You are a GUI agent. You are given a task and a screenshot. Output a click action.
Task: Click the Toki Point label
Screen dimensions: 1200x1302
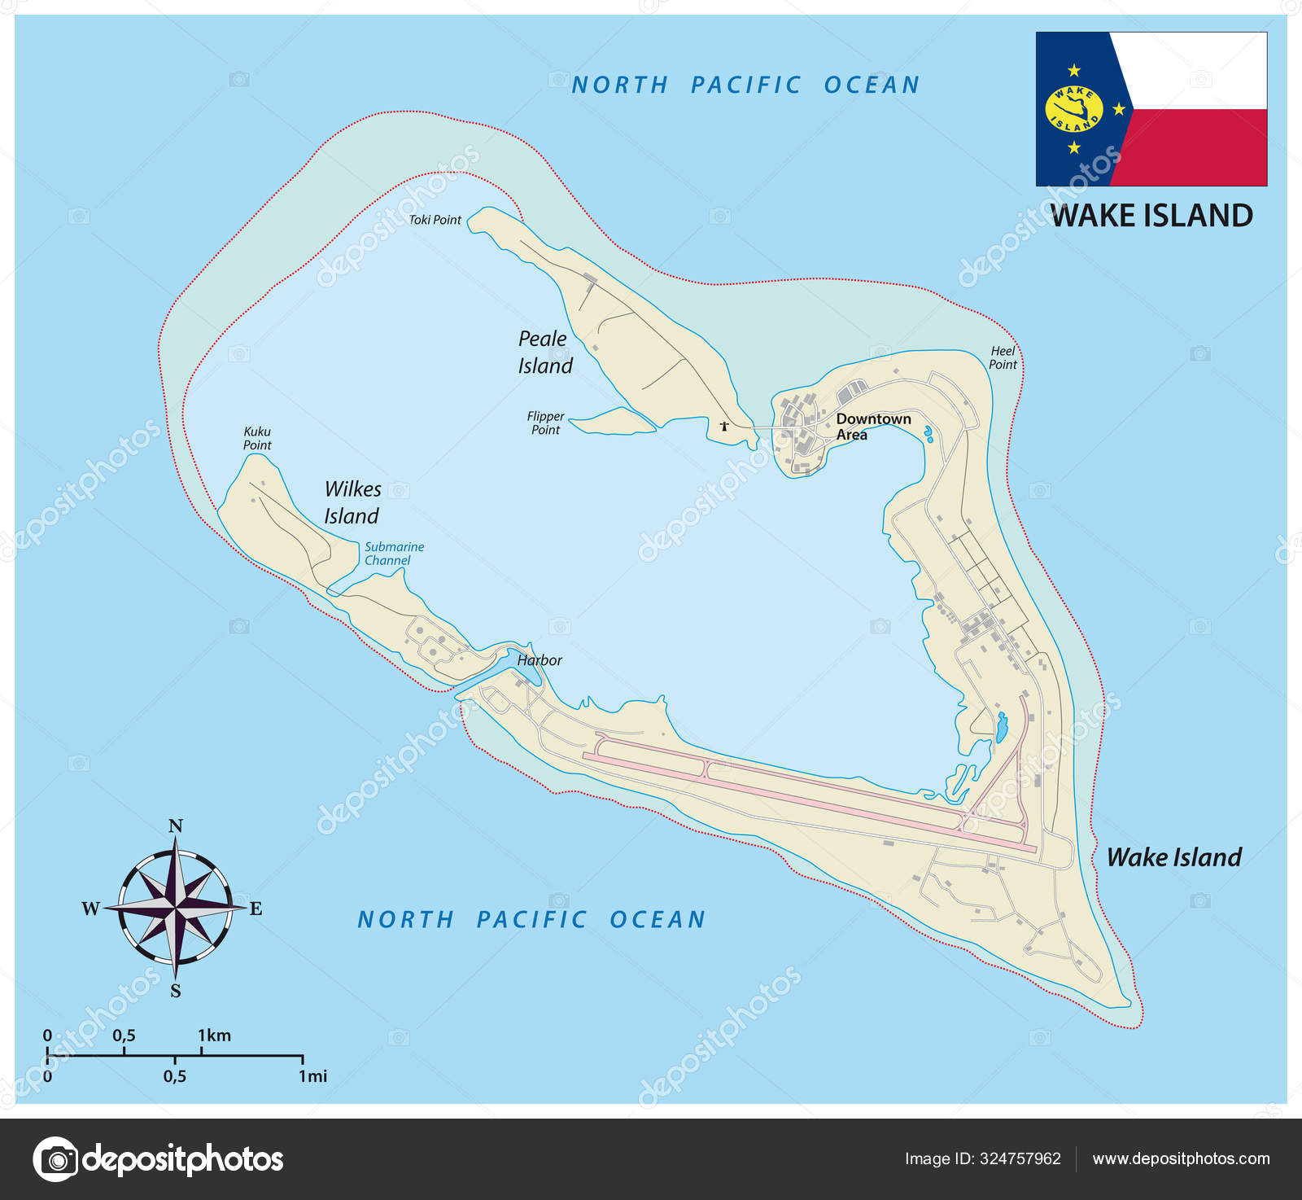point(435,220)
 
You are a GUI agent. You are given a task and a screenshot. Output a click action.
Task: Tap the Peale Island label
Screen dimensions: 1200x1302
point(544,352)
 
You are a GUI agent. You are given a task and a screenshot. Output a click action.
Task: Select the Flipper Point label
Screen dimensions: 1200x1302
point(545,423)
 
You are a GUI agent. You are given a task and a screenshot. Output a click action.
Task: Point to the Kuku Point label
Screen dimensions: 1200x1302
point(257,438)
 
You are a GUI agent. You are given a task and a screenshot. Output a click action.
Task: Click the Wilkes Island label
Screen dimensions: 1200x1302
point(352,502)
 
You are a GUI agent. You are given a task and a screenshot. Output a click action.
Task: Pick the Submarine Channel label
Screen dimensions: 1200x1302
point(393,554)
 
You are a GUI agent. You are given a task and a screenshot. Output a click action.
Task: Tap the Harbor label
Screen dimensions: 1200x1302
point(539,660)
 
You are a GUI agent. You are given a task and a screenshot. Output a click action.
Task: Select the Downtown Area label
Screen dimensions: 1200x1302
point(872,427)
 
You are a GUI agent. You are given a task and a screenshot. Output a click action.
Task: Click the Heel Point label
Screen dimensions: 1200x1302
point(1003,358)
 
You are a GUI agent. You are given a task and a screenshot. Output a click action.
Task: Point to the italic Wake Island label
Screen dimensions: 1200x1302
point(1173,857)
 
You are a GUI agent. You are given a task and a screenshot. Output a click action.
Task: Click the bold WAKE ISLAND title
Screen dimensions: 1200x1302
point(1151,216)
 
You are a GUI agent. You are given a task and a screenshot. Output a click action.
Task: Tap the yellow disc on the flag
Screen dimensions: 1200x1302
point(1073,109)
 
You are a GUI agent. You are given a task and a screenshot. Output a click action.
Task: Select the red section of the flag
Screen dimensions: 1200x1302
point(1196,148)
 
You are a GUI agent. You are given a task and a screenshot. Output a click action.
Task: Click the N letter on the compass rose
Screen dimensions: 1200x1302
point(176,826)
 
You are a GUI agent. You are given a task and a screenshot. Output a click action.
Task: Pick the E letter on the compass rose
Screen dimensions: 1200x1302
point(256,909)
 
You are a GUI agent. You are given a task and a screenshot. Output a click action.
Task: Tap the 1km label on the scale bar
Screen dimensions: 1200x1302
point(214,1036)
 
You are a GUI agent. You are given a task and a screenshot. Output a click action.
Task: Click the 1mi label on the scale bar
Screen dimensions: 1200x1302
point(312,1076)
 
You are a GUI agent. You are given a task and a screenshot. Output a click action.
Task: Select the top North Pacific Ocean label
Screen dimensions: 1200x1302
point(745,85)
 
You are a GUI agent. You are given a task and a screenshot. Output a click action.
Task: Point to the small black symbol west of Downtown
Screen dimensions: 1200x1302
point(724,426)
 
